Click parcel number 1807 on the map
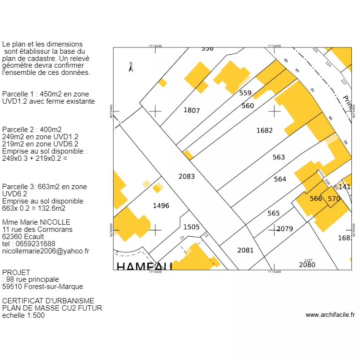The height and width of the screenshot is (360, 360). pyautogui.click(x=192, y=110)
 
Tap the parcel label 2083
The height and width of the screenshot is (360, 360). pyautogui.click(x=187, y=176)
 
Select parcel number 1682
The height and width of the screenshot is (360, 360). pyautogui.click(x=264, y=130)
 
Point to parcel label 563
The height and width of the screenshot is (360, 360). pyautogui.click(x=278, y=157)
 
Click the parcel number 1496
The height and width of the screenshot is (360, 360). pyautogui.click(x=161, y=205)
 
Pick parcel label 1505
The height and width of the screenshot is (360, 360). pyautogui.click(x=191, y=227)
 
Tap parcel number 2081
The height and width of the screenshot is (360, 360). pyautogui.click(x=245, y=250)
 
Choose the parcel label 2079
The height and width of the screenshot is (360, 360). pyautogui.click(x=285, y=228)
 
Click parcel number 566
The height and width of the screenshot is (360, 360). pyautogui.click(x=316, y=198)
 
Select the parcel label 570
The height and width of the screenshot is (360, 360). pyautogui.click(x=334, y=198)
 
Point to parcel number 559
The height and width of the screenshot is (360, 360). pyautogui.click(x=245, y=93)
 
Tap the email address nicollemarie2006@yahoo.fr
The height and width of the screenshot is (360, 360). pyautogui.click(x=46, y=251)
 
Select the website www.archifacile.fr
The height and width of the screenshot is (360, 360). pyautogui.click(x=330, y=315)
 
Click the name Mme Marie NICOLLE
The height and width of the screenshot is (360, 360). pyautogui.click(x=36, y=222)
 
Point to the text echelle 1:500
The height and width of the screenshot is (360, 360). pyautogui.click(x=24, y=315)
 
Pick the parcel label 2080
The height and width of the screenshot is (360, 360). pyautogui.click(x=307, y=264)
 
